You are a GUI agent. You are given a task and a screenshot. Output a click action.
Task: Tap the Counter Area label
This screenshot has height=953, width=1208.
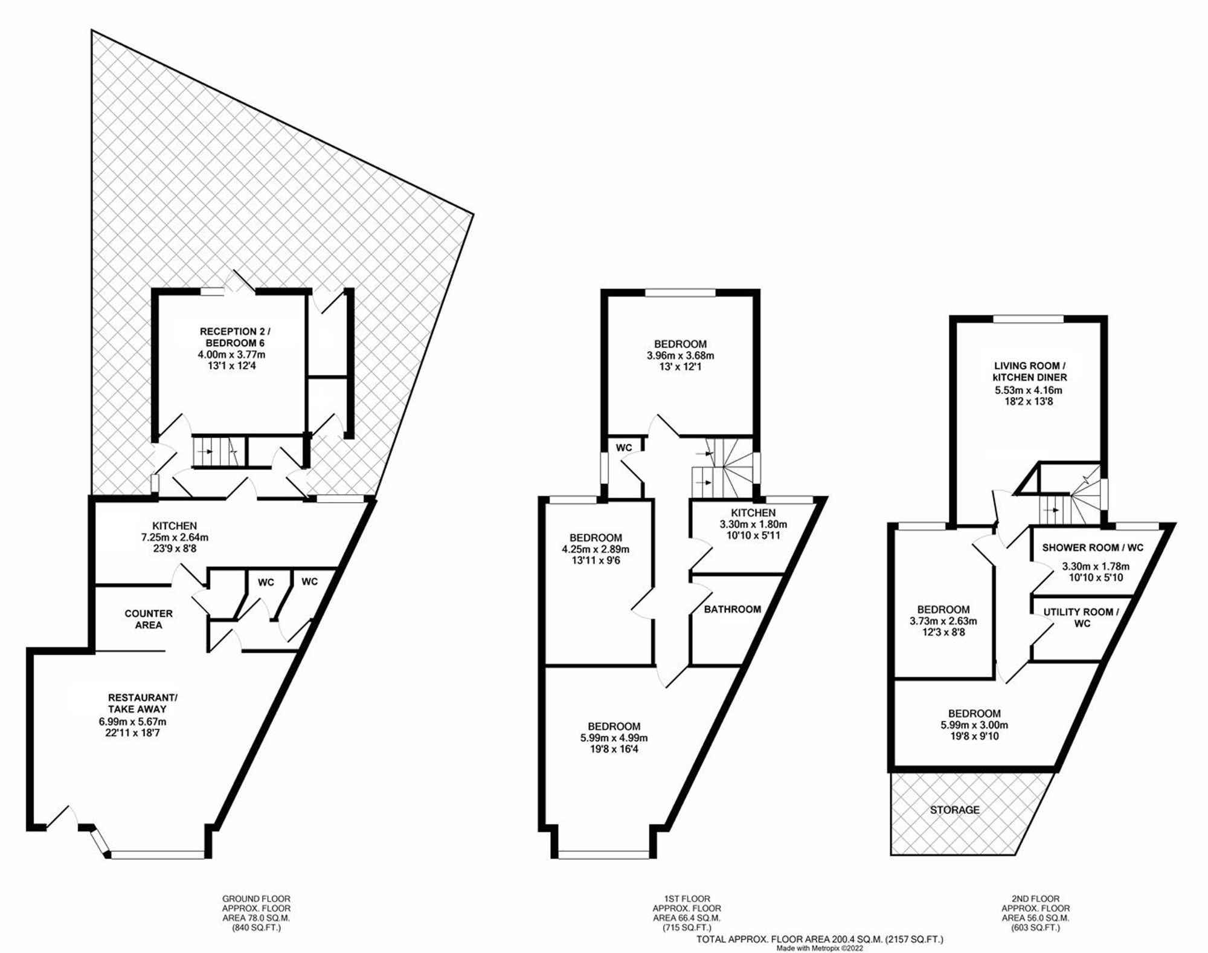click(149, 619)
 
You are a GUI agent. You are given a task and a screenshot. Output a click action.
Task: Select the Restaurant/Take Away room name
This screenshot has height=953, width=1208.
click(137, 703)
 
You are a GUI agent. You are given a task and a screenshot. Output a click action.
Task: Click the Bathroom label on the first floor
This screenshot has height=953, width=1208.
click(732, 609)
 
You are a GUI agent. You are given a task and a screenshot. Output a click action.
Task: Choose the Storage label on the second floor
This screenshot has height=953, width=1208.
click(954, 809)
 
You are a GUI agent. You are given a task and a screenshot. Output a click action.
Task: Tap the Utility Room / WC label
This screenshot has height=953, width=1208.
click(1081, 617)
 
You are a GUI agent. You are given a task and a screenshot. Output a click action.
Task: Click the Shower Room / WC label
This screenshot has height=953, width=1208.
click(1093, 548)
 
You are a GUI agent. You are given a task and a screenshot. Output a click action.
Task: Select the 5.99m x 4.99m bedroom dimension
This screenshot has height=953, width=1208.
click(614, 738)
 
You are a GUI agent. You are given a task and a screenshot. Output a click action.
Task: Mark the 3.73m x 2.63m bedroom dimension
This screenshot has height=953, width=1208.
click(943, 621)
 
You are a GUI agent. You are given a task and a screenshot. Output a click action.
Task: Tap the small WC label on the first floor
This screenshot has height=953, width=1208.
click(624, 447)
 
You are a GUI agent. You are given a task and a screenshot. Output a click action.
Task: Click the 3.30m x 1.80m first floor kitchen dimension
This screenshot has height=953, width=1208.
click(753, 525)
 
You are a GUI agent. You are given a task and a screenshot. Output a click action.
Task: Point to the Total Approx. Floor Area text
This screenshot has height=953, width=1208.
click(820, 939)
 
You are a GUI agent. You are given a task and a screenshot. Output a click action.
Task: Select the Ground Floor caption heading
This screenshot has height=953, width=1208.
click(256, 899)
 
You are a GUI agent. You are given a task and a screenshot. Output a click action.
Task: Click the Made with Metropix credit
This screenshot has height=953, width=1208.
click(820, 948)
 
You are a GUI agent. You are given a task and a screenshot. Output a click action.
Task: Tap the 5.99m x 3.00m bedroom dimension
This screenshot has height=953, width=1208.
click(974, 725)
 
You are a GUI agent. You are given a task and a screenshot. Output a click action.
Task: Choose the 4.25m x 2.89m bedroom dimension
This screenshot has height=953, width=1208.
click(596, 549)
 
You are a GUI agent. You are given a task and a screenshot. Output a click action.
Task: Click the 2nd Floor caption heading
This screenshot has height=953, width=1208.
click(1035, 899)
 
